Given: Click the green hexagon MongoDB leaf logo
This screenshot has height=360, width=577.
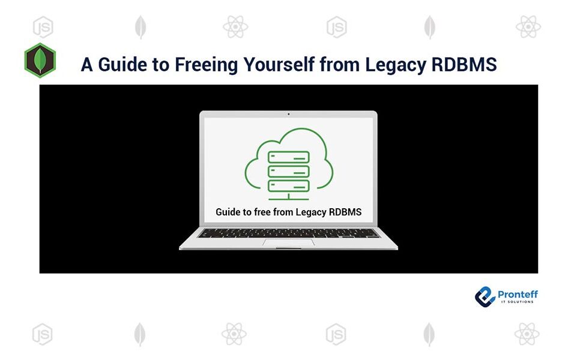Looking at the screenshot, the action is pyautogui.click(x=40, y=61).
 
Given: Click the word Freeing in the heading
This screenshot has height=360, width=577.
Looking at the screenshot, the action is pyautogui.click(x=206, y=65).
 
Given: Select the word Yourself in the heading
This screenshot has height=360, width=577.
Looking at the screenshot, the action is pyautogui.click(x=279, y=64).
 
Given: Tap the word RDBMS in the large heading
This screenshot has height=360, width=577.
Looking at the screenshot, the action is pyautogui.click(x=464, y=64).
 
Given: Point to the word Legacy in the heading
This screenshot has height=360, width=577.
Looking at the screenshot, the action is pyautogui.click(x=396, y=65).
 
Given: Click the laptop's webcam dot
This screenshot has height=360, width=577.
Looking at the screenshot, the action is pyautogui.click(x=288, y=114).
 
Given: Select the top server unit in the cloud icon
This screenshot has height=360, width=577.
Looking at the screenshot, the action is pyautogui.click(x=288, y=157).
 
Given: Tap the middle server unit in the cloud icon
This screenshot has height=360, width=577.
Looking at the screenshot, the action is pyautogui.click(x=288, y=172).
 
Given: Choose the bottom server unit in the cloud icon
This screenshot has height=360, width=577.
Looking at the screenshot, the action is pyautogui.click(x=288, y=185).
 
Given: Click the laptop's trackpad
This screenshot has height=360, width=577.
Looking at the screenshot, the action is pyautogui.click(x=288, y=242).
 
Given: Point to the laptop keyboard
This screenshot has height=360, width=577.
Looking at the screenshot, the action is pyautogui.click(x=288, y=233).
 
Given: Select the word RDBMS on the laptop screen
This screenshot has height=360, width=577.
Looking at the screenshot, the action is pyautogui.click(x=345, y=212).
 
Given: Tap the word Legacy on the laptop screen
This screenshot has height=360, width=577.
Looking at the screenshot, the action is pyautogui.click(x=311, y=212).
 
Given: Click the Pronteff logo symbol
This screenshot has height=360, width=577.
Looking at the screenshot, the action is pyautogui.click(x=485, y=296).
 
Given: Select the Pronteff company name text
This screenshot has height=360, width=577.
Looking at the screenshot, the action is pyautogui.click(x=518, y=294).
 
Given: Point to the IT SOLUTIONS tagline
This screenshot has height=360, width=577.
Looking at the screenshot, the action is pyautogui.click(x=518, y=302).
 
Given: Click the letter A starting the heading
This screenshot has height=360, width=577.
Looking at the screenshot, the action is pyautogui.click(x=87, y=65).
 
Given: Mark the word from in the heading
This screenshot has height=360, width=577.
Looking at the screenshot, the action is pyautogui.click(x=339, y=64).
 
